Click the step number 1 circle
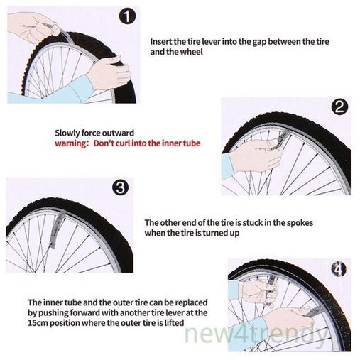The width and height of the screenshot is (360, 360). [127, 16]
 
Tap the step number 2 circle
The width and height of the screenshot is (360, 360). [339, 107]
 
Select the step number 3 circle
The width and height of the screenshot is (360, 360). [121, 187]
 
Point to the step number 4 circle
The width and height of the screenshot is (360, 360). [339, 269]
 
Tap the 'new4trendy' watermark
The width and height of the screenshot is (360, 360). [256, 334]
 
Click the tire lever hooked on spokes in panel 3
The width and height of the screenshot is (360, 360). [55, 229]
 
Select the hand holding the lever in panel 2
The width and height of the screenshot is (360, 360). [257, 155]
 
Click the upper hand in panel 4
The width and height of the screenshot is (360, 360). [257, 290]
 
